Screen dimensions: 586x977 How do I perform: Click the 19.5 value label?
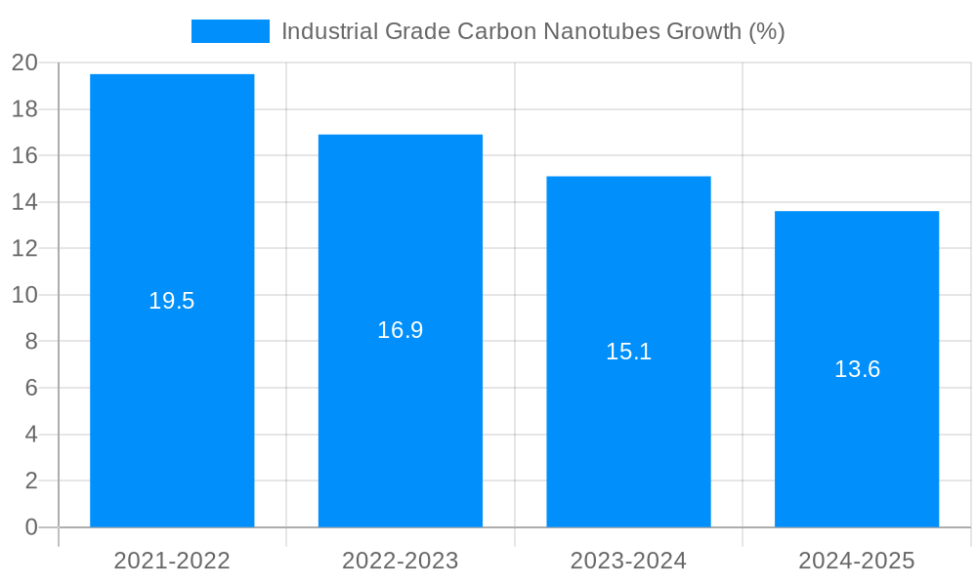click(172, 301)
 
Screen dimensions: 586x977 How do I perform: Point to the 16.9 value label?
click(401, 330)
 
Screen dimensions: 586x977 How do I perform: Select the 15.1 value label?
click(628, 352)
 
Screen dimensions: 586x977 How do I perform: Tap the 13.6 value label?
click(857, 369)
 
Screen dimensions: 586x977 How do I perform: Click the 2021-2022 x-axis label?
click(172, 561)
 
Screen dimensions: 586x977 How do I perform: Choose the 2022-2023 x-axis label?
click(401, 561)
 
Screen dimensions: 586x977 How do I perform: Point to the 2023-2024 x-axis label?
click(628, 561)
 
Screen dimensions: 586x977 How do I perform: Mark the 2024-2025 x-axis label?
click(857, 561)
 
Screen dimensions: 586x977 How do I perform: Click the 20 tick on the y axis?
click(24, 63)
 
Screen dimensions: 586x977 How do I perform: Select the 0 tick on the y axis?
click(30, 527)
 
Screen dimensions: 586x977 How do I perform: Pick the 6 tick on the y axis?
click(30, 388)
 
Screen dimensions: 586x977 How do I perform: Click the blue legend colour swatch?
click(230, 31)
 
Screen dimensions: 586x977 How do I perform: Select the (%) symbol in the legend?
click(767, 31)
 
